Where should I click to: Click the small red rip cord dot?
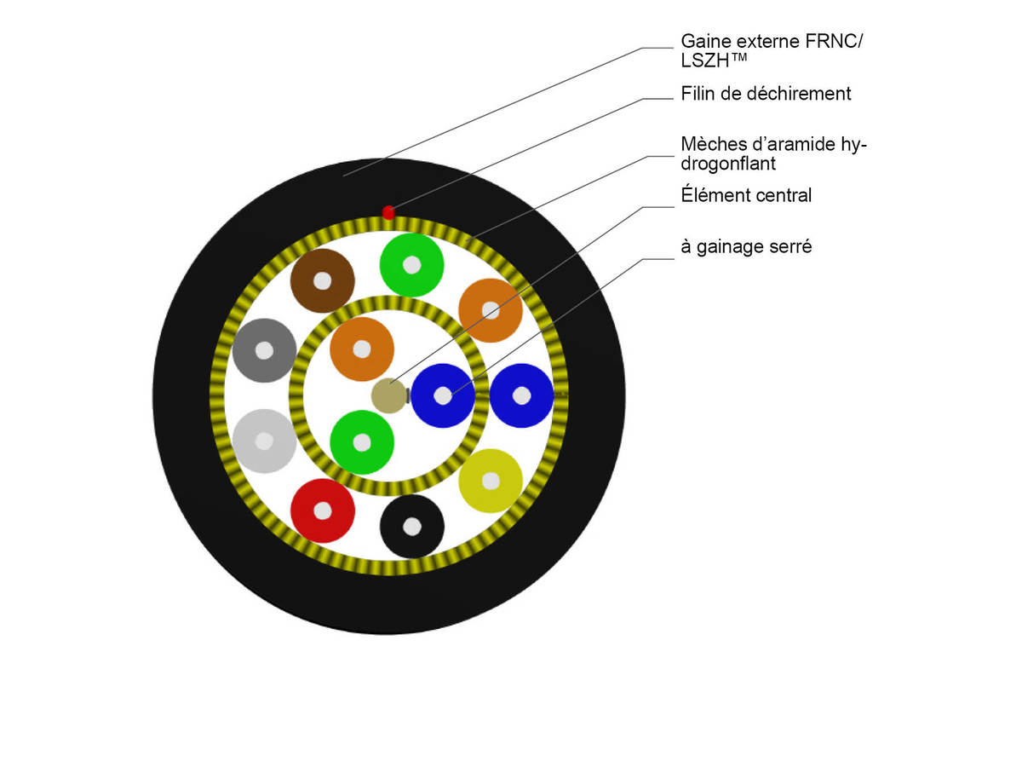tap(388, 212)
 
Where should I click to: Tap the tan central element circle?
tap(389, 395)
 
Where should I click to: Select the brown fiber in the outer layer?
tap(322, 280)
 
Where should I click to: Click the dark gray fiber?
tap(264, 350)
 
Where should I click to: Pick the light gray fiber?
tap(264, 441)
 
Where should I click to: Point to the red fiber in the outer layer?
tap(322, 510)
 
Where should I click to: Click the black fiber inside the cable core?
tap(412, 527)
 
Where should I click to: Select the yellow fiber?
tap(491, 481)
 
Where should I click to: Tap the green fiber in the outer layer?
tap(412, 265)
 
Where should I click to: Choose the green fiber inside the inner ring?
tap(362, 442)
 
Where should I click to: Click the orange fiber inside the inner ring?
tap(362, 349)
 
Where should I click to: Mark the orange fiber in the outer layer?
tap(491, 310)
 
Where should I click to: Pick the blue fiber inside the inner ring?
tap(443, 395)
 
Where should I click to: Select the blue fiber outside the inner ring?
tap(521, 395)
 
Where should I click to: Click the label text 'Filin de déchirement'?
tap(766, 94)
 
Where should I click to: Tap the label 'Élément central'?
tap(746, 195)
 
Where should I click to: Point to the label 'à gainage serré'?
tap(746, 247)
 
